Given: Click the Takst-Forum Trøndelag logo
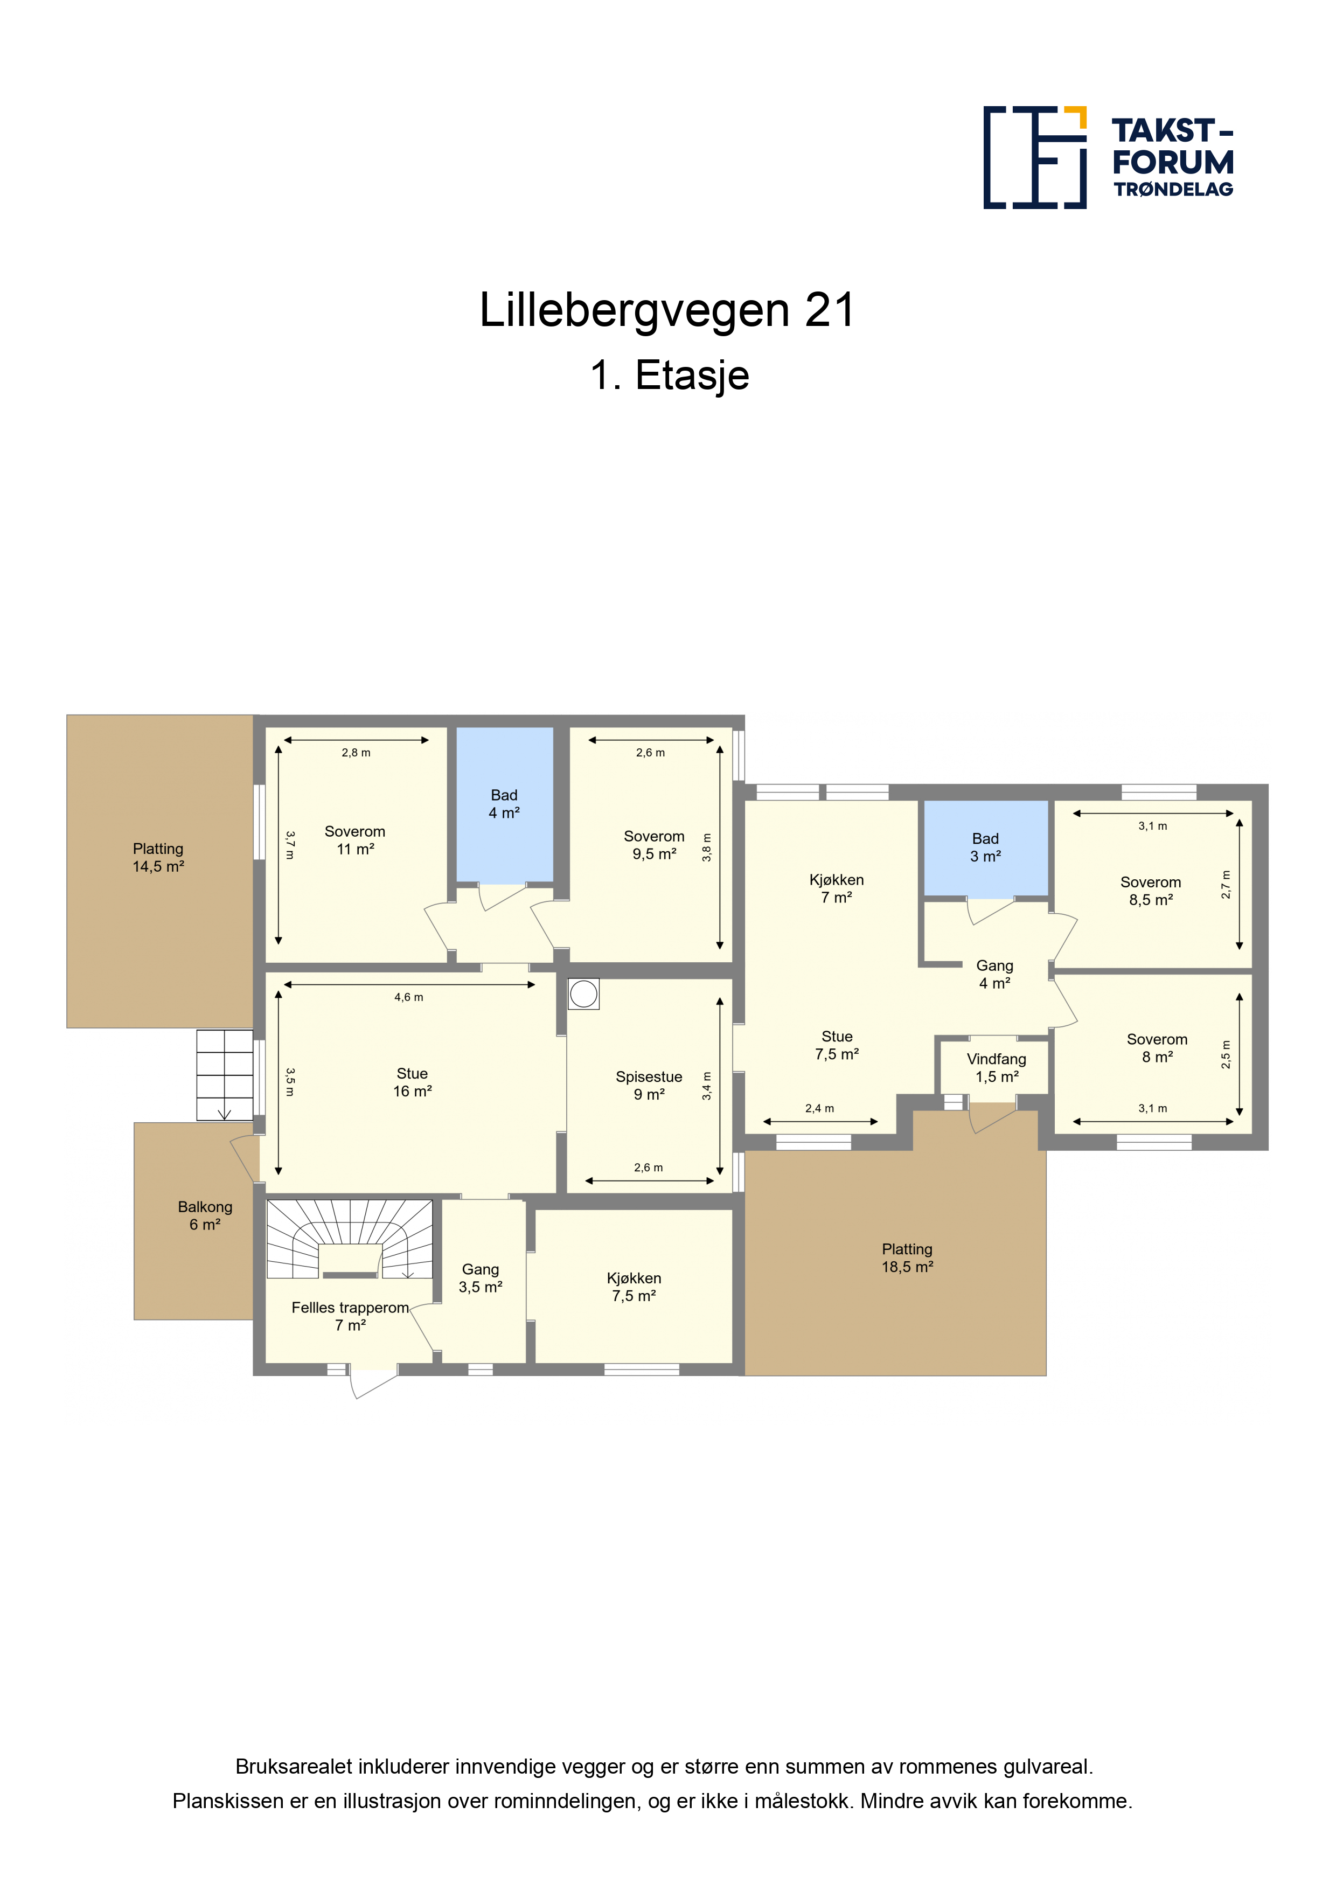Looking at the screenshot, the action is [1108, 157].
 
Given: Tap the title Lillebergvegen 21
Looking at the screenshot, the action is [667, 310].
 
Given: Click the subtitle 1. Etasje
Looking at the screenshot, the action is [669, 376].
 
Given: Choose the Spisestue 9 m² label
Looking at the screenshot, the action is [649, 1086].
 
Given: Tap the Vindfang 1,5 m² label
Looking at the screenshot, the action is [997, 1068].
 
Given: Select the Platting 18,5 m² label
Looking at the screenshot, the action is [907, 1258].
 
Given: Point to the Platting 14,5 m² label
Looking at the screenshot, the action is [158, 857].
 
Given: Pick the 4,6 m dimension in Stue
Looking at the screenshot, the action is [408, 997].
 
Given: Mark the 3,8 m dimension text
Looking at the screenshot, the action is [706, 848].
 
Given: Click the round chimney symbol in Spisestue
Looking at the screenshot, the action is [583, 993].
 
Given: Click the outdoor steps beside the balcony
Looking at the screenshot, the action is [225, 1075].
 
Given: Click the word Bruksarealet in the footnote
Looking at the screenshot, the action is [294, 1767].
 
